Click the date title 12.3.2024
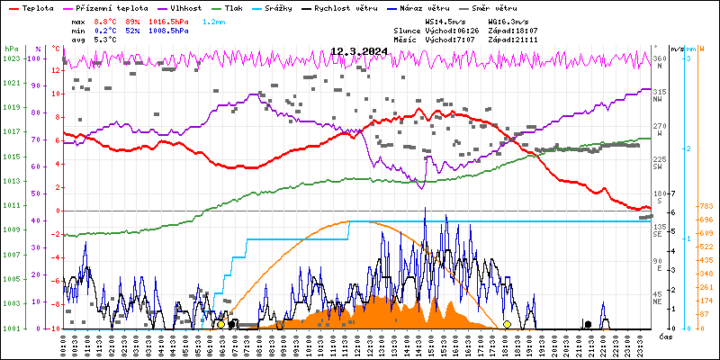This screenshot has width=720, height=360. click(x=358, y=52)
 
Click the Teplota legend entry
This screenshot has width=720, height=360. click(x=37, y=7)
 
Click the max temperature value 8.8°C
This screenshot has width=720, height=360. click(x=105, y=21)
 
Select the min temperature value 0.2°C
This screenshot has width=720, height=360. click(x=105, y=30)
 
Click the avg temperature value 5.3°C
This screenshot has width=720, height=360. click(x=105, y=40)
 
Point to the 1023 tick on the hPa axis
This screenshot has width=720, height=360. click(x=11, y=58)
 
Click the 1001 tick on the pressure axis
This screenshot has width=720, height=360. click(x=11, y=328)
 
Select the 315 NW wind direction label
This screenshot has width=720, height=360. click(x=660, y=93)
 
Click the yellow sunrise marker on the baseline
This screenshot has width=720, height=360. click(x=220, y=324)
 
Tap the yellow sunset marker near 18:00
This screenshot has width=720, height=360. click(x=507, y=324)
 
